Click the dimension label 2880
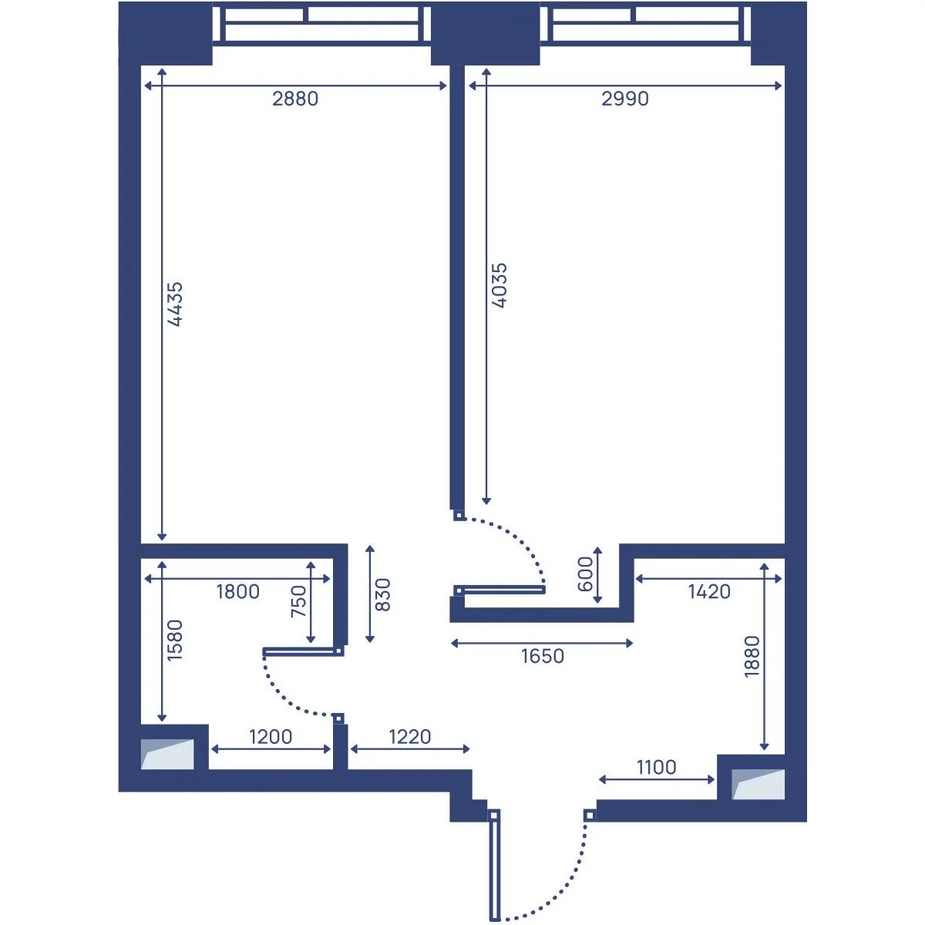(295, 99)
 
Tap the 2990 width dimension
(625, 99)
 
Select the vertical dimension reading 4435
(175, 304)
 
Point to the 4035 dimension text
(499, 285)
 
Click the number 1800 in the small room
(237, 592)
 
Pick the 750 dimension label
(298, 601)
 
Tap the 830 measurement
(382, 595)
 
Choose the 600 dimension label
(585, 574)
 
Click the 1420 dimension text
(709, 592)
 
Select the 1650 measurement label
(543, 656)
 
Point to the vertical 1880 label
(752, 657)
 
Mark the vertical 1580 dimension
(175, 641)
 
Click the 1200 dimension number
(271, 737)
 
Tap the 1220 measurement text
(410, 737)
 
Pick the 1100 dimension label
(656, 768)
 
